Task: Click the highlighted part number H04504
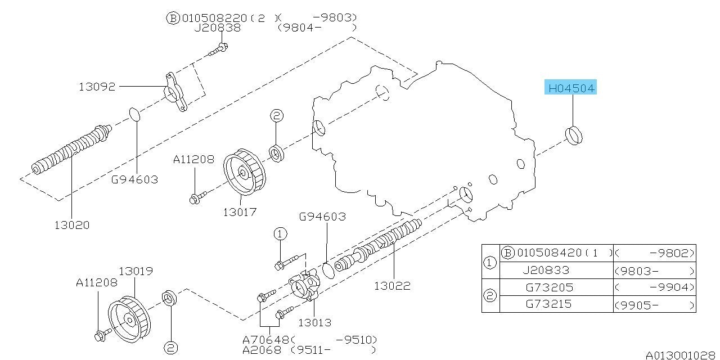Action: pyautogui.click(x=571, y=88)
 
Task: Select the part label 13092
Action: pyautogui.click(x=97, y=87)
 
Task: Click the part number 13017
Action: pyautogui.click(x=240, y=212)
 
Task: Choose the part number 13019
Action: pyautogui.click(x=135, y=271)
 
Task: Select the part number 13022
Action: pyautogui.click(x=392, y=285)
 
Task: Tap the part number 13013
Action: pyautogui.click(x=314, y=322)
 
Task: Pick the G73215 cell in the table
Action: pyautogui.click(x=549, y=304)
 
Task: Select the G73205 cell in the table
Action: pyautogui.click(x=549, y=287)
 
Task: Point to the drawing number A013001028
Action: pyautogui.click(x=681, y=355)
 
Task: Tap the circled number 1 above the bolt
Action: pyautogui.click(x=280, y=233)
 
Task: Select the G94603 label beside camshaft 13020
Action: pyautogui.click(x=134, y=180)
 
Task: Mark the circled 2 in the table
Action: pyautogui.click(x=490, y=296)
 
